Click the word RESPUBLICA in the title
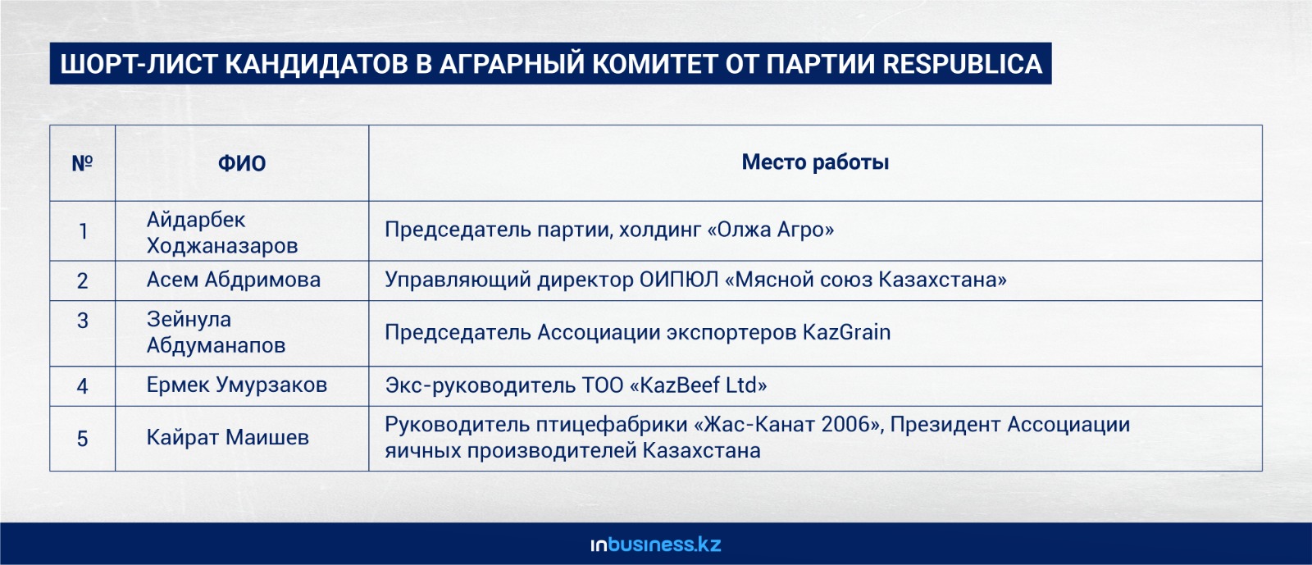click(x=963, y=64)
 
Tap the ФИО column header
click(x=242, y=163)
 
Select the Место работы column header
click(x=815, y=162)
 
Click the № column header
click(x=82, y=163)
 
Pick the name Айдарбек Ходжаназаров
click(x=222, y=232)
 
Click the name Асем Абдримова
click(x=233, y=280)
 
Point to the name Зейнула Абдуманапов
click(x=216, y=332)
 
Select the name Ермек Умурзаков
click(x=237, y=385)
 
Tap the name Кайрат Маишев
click(x=227, y=437)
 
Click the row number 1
click(x=83, y=232)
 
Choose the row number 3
click(x=83, y=321)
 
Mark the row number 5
click(x=83, y=439)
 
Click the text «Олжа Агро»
click(x=771, y=230)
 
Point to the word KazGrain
click(x=846, y=333)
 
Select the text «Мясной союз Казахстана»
click(x=866, y=280)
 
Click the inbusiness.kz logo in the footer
click(x=656, y=544)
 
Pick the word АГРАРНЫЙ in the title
click(x=512, y=64)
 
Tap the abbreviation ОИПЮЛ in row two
click(x=679, y=280)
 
